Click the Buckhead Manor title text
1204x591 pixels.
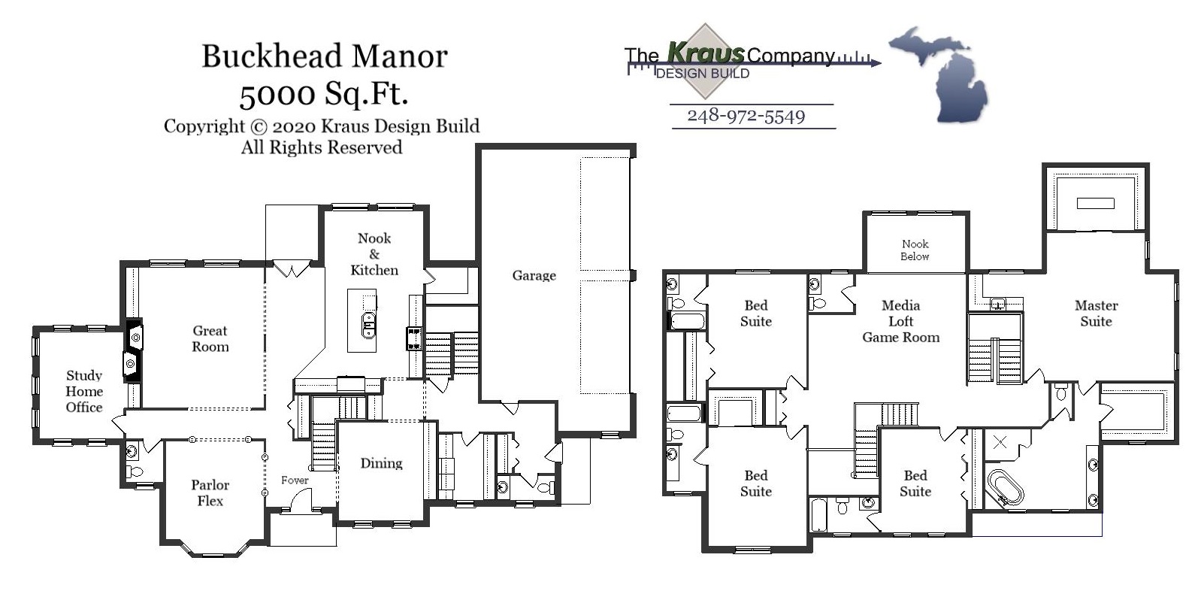[x=324, y=56]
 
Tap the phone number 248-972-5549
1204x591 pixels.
[x=746, y=116]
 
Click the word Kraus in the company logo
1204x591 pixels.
[x=705, y=53]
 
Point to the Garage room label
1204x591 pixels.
[x=534, y=275]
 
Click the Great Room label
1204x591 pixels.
[x=210, y=338]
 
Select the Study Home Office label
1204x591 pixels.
[x=83, y=391]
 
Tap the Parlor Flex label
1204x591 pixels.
[x=210, y=492]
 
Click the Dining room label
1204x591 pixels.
[x=381, y=463]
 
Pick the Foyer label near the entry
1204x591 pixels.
[x=295, y=480]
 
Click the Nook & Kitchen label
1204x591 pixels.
[x=374, y=254]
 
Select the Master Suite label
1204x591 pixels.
[x=1096, y=313]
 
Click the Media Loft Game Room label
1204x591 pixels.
[x=900, y=321]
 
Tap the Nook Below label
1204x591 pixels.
[x=915, y=250]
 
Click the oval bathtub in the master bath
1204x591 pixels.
[x=1005, y=487]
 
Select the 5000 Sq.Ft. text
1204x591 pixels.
[x=324, y=93]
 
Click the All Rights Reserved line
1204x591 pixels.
[x=321, y=147]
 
